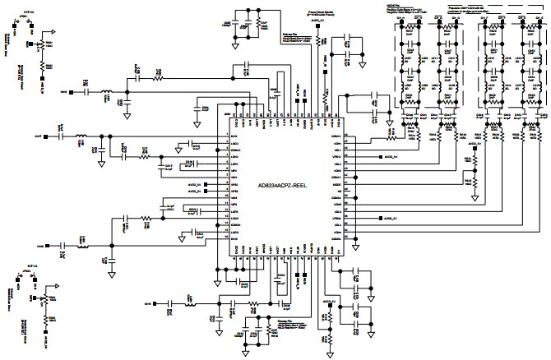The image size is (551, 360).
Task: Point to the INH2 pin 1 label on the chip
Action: coord(234,136)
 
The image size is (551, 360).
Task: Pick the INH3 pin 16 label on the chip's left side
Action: coord(234,234)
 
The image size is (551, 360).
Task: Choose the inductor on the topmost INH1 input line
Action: coord(105,92)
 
